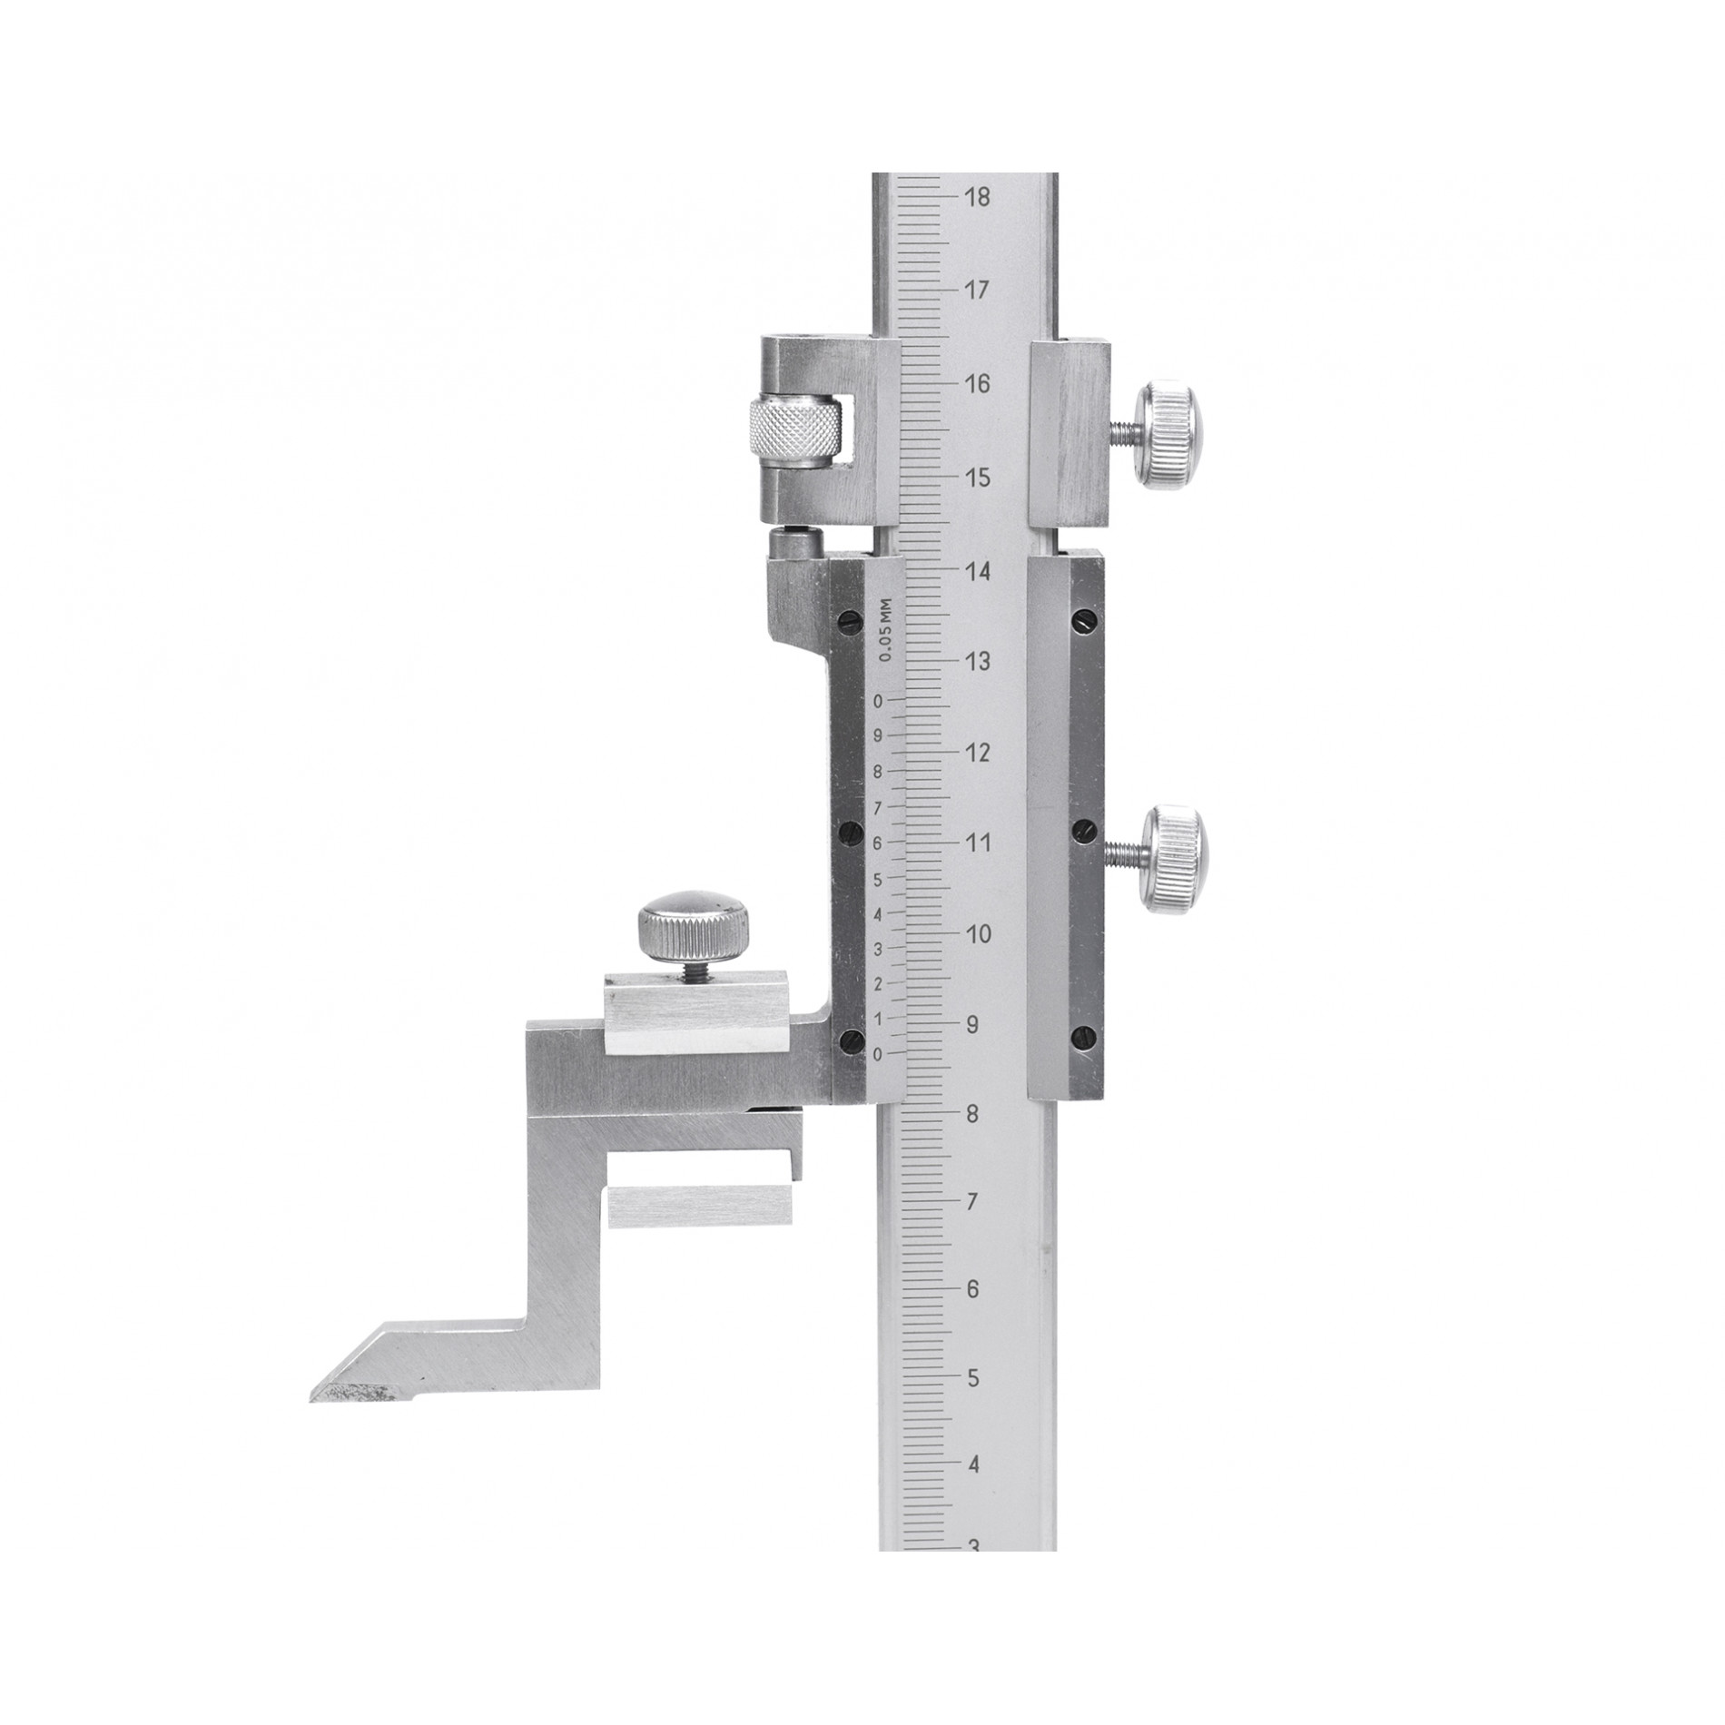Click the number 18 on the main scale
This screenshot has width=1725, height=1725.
[978, 198]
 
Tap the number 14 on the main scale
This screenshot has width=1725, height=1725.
[978, 572]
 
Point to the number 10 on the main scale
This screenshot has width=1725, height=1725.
[978, 934]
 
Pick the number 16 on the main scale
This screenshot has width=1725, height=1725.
[978, 385]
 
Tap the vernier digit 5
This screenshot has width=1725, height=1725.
[877, 879]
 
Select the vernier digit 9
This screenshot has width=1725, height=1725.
[877, 736]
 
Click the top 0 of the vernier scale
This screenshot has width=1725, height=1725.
[877, 701]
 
